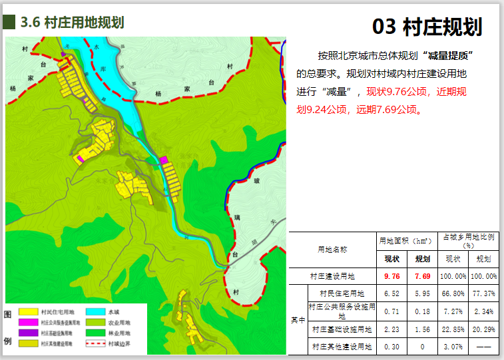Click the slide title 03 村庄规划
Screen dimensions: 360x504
click(427, 27)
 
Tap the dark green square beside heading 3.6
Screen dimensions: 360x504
click(9, 22)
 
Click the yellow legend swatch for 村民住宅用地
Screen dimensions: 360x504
click(28, 311)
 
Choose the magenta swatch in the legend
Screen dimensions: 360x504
click(28, 322)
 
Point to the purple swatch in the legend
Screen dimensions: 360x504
click(28, 333)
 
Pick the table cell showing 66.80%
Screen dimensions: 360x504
click(453, 293)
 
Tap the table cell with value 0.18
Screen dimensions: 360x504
click(422, 311)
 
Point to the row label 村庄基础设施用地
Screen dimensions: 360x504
click(342, 329)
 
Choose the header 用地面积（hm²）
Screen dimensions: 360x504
click(406, 241)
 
